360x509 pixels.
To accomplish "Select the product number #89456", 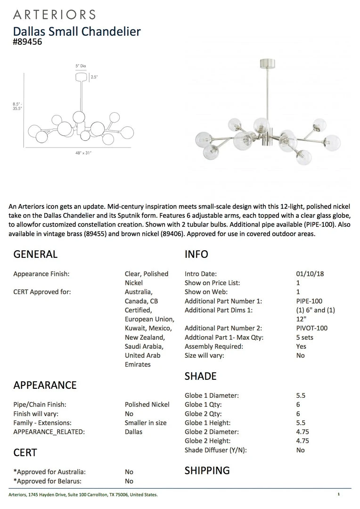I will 28,41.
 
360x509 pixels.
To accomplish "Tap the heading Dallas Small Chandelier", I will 77,31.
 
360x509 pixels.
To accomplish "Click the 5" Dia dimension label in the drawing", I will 80,66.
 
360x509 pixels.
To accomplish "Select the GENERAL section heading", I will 35,254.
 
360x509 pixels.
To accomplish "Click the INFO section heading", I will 196,254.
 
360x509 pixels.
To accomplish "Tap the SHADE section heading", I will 200,376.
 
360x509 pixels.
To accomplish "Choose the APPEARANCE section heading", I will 45,385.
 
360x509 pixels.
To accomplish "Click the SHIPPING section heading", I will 207,470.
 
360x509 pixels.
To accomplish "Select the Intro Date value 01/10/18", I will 310,274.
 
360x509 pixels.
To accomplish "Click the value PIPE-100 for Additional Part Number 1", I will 309,301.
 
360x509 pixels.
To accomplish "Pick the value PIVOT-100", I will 311,328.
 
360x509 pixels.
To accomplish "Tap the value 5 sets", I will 304,337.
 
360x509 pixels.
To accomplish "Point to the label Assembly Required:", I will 214,346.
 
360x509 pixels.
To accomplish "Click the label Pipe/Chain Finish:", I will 40,404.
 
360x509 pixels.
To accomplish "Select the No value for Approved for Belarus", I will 129,481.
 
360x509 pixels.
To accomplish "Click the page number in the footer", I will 338,494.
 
